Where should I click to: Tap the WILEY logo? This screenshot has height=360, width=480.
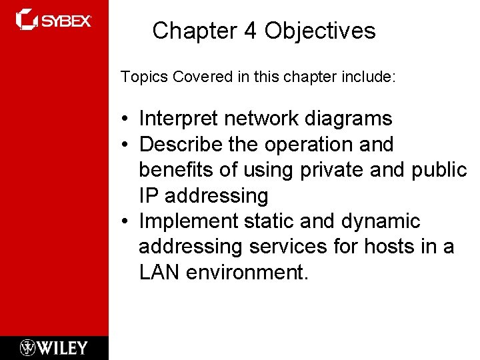(53, 347)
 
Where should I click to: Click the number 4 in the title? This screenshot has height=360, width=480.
(250, 31)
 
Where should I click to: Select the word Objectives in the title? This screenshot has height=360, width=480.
(320, 31)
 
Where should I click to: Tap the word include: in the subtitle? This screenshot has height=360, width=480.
(373, 77)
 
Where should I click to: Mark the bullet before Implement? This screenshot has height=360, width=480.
(125, 221)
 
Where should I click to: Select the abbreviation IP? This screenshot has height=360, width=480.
(149, 196)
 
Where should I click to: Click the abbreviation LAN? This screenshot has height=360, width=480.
(159, 272)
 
